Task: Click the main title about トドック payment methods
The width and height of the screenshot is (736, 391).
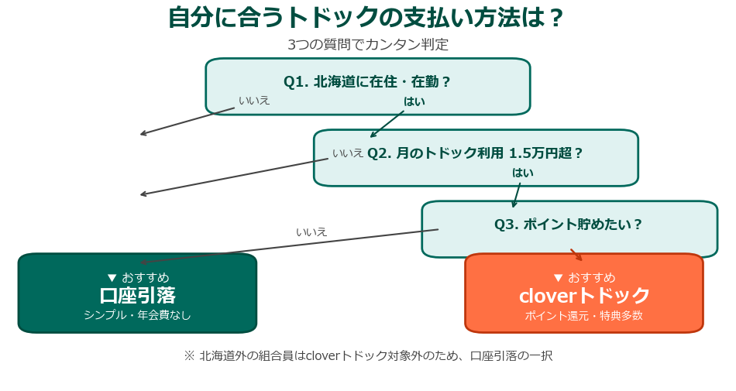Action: click(x=367, y=18)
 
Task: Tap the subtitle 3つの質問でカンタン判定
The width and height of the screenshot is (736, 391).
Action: click(x=367, y=45)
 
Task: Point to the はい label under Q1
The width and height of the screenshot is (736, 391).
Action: click(x=414, y=101)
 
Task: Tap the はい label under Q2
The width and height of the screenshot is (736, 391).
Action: click(x=522, y=173)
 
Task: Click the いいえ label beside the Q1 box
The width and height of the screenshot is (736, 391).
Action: click(x=254, y=100)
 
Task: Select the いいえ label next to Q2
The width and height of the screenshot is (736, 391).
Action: click(x=348, y=153)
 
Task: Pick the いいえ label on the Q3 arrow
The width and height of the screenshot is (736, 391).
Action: click(x=311, y=232)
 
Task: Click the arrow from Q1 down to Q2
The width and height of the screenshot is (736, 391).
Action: click(x=387, y=124)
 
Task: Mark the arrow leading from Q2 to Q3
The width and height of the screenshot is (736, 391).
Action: click(x=517, y=196)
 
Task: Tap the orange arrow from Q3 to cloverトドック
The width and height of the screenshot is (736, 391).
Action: click(x=576, y=255)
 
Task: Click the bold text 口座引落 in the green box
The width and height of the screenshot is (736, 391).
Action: click(x=137, y=296)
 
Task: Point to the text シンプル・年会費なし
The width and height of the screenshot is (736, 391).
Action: click(x=137, y=315)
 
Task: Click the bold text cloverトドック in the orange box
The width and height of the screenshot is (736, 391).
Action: click(x=583, y=296)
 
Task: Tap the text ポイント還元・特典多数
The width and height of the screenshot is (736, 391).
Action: click(x=583, y=315)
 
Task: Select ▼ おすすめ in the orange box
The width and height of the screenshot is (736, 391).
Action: click(x=583, y=277)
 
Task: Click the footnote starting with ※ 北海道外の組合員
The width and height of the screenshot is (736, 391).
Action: click(x=367, y=356)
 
